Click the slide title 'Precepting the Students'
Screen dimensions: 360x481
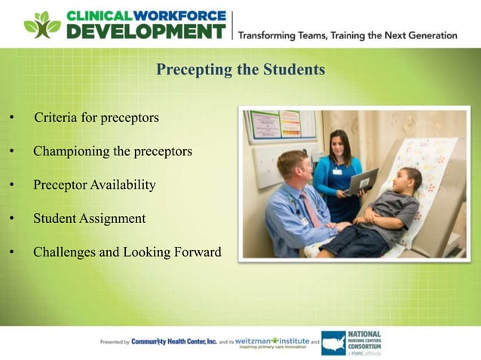pos(240,70)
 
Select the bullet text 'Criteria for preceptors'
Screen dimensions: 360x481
pos(97,118)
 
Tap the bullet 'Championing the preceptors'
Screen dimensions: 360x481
pos(112,151)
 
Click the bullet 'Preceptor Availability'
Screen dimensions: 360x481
pos(94,185)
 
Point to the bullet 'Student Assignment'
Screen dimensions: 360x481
pos(89,218)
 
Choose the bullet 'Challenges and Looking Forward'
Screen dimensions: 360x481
pos(127,252)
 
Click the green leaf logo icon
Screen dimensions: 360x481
pos(41,25)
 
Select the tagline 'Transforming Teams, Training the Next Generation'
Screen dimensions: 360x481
pos(348,35)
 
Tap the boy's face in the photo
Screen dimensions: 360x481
pos(411,181)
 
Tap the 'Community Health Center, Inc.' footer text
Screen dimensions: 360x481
pos(173,341)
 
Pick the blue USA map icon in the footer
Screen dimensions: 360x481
pos(333,343)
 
